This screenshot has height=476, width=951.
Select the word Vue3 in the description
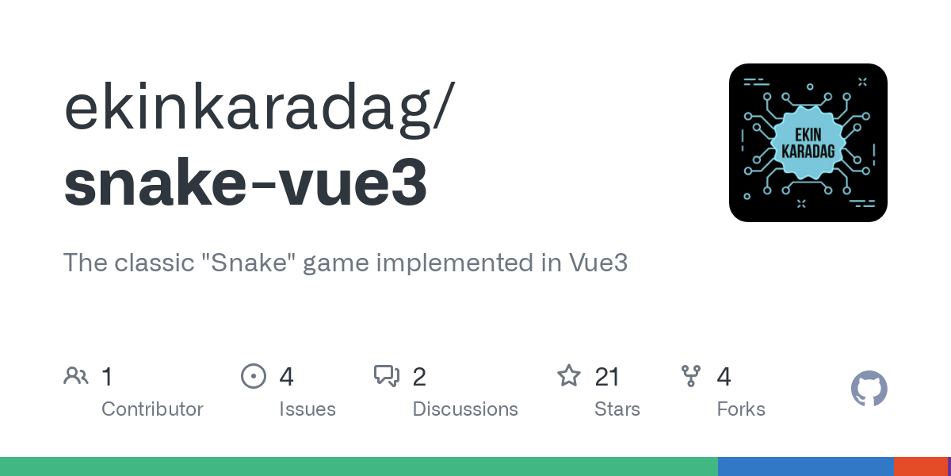tap(598, 263)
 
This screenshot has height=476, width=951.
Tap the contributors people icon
tap(76, 376)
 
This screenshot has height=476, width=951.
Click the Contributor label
tap(152, 409)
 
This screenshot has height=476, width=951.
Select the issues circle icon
tap(253, 376)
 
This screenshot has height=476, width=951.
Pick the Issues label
tap(307, 409)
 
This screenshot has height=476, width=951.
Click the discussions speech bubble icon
tap(387, 376)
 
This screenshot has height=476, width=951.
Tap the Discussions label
tap(465, 409)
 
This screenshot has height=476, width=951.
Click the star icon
tap(569, 376)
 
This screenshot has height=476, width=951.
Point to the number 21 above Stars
tap(606, 376)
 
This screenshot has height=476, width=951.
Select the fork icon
tap(691, 376)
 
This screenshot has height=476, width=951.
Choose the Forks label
tap(741, 409)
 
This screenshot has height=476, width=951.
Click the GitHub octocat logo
tap(869, 389)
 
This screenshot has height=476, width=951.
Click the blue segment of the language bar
tap(805, 466)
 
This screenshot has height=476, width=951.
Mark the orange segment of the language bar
tap(920, 466)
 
